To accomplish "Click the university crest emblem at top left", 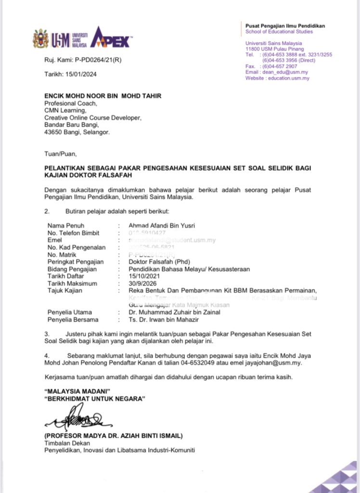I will (40, 39).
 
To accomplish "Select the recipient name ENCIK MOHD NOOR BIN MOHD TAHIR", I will (103, 96).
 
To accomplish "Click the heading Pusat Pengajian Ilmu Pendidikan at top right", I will (285, 26).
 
